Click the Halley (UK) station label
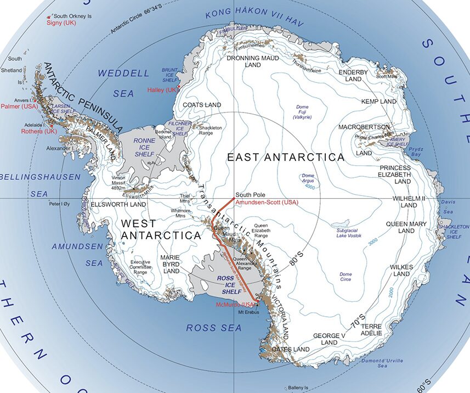point(163,89)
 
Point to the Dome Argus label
point(308,179)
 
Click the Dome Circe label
point(346,277)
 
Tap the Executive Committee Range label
point(140,267)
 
